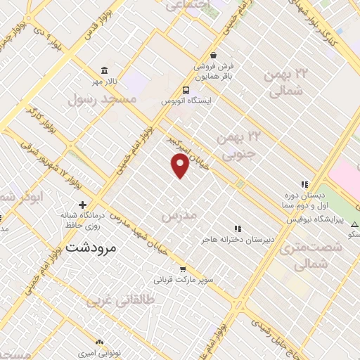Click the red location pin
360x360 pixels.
(180, 166)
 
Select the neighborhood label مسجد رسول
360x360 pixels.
(101, 100)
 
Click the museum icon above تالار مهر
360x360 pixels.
(105, 70)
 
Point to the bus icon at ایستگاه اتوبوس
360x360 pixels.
(186, 90)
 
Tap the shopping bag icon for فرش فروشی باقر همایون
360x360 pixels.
(213, 56)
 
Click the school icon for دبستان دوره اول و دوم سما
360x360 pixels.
(304, 185)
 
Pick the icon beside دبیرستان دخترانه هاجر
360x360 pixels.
(237, 229)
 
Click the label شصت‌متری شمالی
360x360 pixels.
(310, 255)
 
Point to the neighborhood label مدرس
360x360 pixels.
(176, 216)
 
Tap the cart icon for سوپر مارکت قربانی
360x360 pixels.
(183, 269)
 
